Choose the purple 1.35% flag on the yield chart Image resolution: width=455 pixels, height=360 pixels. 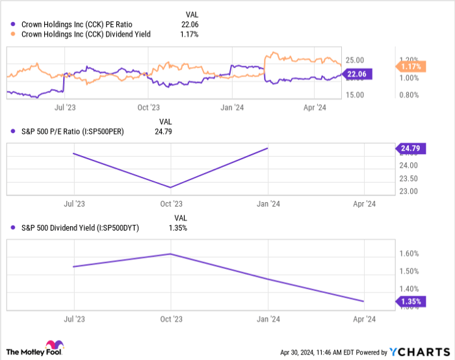pyautogui.click(x=409, y=302)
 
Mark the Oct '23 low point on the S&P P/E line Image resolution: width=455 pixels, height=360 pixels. pyautogui.click(x=170, y=188)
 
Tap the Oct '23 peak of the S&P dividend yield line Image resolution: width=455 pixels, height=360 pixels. pyautogui.click(x=170, y=253)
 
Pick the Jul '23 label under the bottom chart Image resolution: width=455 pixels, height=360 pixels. pyautogui.click(x=73, y=320)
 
